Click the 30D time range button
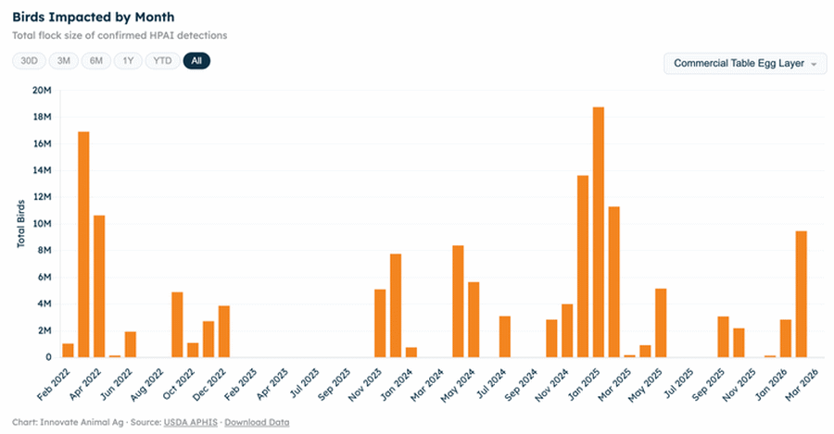point(29,61)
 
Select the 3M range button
point(63,61)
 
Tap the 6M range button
point(96,61)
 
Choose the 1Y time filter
point(129,61)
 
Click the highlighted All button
point(196,61)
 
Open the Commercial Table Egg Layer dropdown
point(745,64)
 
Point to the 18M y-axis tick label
point(41,118)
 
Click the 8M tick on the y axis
point(44,251)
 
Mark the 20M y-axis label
point(41,91)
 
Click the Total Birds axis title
point(20,222)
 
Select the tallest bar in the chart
point(599,231)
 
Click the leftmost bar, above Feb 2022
point(68,350)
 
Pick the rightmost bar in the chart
point(801,293)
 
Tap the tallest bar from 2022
point(83,244)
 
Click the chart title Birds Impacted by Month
point(93,18)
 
